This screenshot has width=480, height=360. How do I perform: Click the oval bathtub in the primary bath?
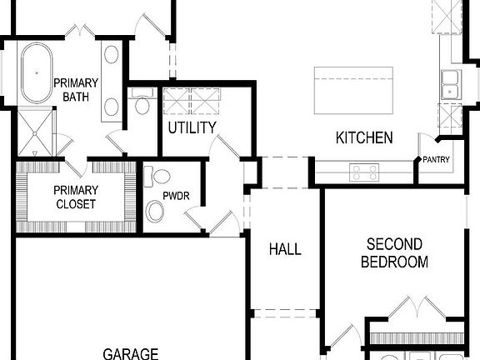point(36,74)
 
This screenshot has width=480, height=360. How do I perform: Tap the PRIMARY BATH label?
point(76,90)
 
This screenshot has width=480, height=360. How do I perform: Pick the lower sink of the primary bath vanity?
point(112,107)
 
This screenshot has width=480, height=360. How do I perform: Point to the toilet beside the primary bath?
point(142,104)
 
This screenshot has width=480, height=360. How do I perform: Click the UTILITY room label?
point(192,127)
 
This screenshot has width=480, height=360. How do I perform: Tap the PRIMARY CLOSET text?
point(76,197)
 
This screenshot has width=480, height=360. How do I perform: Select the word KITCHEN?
point(364,137)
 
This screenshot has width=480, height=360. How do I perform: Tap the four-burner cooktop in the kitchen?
point(364,172)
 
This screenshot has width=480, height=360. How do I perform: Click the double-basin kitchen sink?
point(451,85)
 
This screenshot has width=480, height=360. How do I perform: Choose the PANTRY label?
point(437,159)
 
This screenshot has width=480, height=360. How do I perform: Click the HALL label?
point(285,249)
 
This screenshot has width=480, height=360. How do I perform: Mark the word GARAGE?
point(131,353)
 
